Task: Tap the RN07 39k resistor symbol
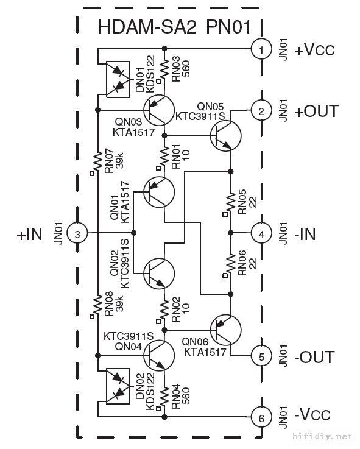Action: coord(97,162)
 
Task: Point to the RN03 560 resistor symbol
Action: coord(164,68)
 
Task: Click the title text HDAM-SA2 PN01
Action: coord(175,27)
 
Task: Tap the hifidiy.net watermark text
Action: coord(322,436)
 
